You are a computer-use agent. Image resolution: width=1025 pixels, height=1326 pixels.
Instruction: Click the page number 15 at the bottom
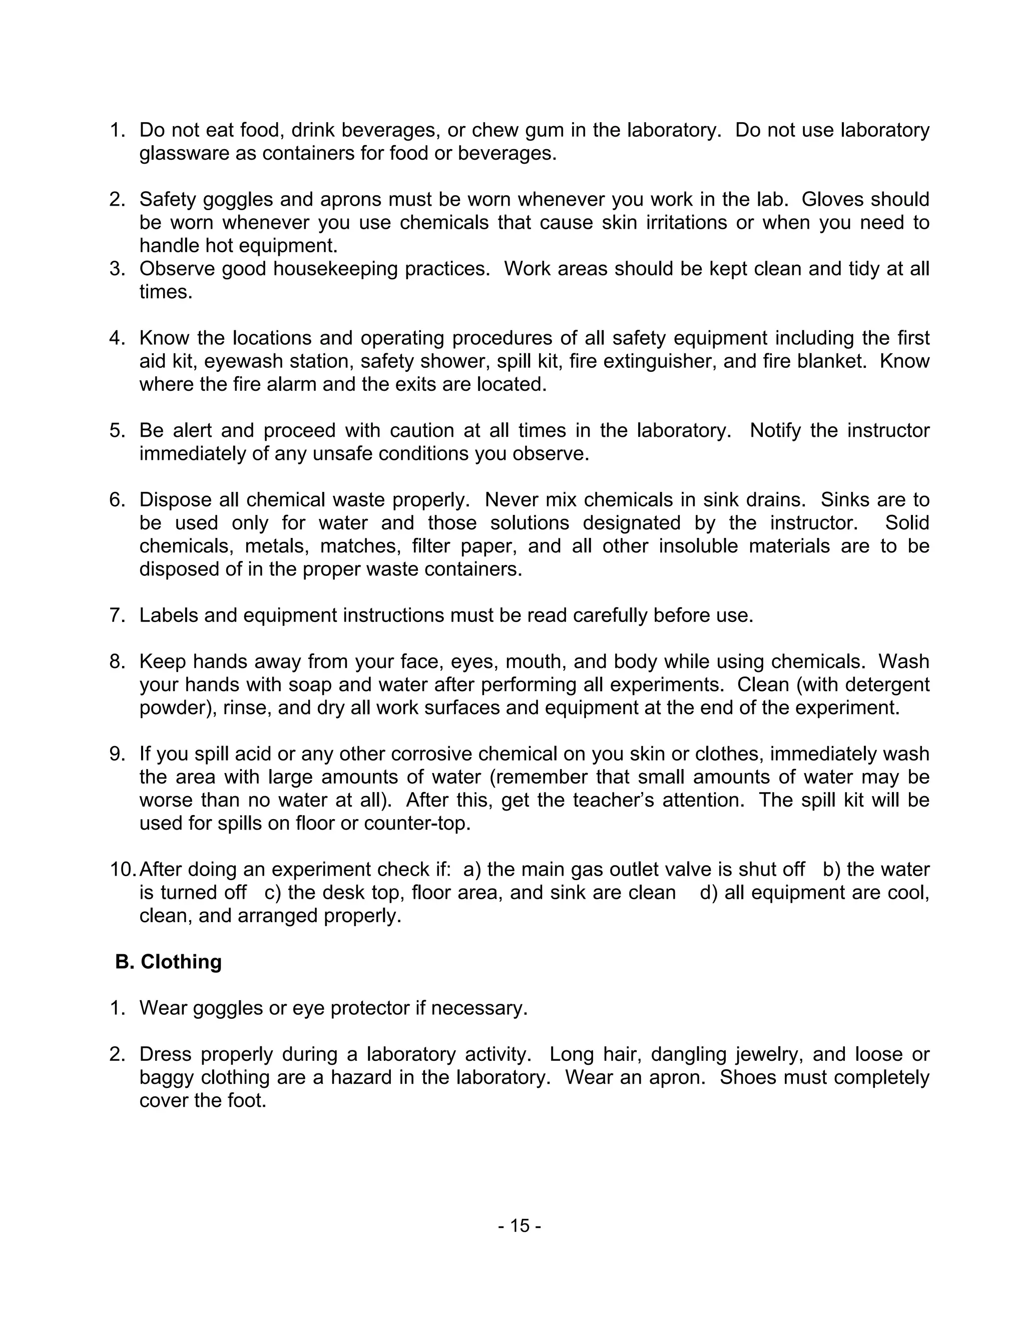point(519,1226)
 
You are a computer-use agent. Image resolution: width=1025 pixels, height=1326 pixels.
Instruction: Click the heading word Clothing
point(181,962)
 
